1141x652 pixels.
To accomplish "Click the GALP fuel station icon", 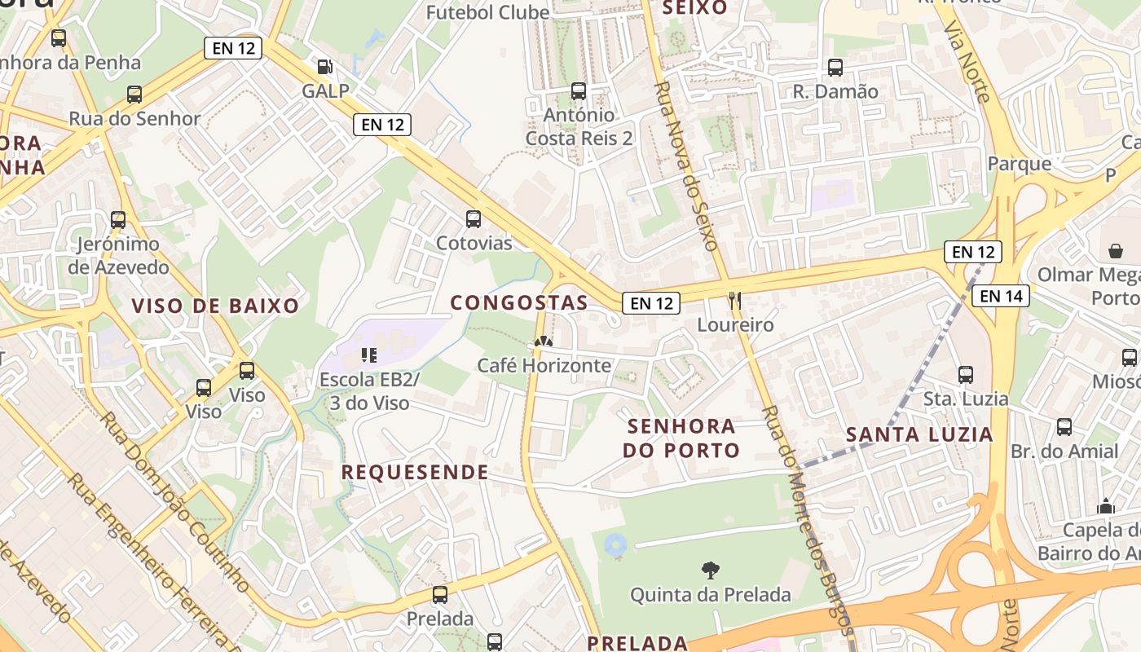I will coord(324,67).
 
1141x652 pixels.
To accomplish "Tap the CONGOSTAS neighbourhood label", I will coord(519,302).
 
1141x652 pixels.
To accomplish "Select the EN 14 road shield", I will coord(1001,296).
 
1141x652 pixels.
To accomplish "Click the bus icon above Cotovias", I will coord(473,219).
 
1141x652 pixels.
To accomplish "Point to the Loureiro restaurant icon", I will coord(735,301).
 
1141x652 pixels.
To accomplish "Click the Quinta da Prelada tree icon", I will coord(710,570).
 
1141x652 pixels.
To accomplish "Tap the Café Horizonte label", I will coord(544,365).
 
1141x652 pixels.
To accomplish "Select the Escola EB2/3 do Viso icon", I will coord(368,355).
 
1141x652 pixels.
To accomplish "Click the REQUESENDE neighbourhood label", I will coord(414,472).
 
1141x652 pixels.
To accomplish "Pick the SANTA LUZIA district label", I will coord(919,434).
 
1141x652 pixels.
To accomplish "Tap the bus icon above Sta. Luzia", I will coord(966,375).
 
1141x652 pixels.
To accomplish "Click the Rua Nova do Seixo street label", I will coord(685,165).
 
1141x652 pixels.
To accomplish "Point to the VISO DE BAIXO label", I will coord(216,306).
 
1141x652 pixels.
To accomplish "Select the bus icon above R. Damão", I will coord(835,68).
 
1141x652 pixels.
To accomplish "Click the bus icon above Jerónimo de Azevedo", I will coord(118,220).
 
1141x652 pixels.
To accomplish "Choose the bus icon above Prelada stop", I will coord(440,595).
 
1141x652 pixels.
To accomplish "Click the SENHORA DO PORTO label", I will coord(681,438).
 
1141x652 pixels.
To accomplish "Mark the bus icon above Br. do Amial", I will coord(1064,427).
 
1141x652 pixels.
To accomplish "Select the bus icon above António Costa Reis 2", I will coord(579,91).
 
